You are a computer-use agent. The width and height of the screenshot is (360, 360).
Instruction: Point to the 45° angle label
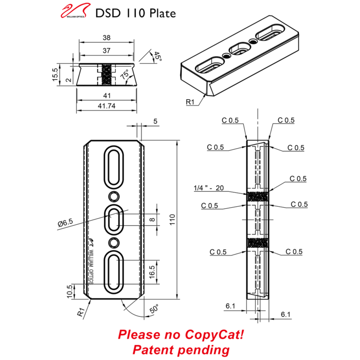point(157,58)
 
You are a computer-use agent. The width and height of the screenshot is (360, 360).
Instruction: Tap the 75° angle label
point(125,76)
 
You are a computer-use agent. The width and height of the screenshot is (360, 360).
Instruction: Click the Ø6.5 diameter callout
point(66,223)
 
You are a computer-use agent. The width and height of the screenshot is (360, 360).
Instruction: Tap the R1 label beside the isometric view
point(191,102)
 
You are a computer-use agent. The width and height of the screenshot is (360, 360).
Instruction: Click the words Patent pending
point(181,350)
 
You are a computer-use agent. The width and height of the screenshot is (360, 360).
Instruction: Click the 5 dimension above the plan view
point(155,121)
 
